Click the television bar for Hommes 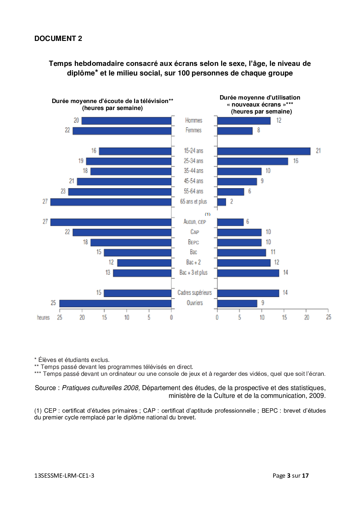[126, 121]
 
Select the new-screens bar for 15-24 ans [264, 151]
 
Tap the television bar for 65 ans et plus [111, 202]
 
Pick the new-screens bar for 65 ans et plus [222, 202]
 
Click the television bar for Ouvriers [115, 303]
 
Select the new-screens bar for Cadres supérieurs [248, 293]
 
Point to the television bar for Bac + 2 [144, 263]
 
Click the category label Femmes [193, 130]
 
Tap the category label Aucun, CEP [195, 222]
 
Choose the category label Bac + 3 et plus [193, 272]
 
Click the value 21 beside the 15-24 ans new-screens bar [318, 151]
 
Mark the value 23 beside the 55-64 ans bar [63, 191]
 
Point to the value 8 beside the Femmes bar [258, 130]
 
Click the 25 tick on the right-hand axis [328, 317]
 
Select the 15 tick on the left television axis [104, 317]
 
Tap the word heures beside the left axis [43, 317]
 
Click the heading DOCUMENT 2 [58, 39]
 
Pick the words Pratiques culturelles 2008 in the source [101, 388]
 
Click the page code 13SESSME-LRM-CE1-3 [64, 476]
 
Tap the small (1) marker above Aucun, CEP [208, 214]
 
